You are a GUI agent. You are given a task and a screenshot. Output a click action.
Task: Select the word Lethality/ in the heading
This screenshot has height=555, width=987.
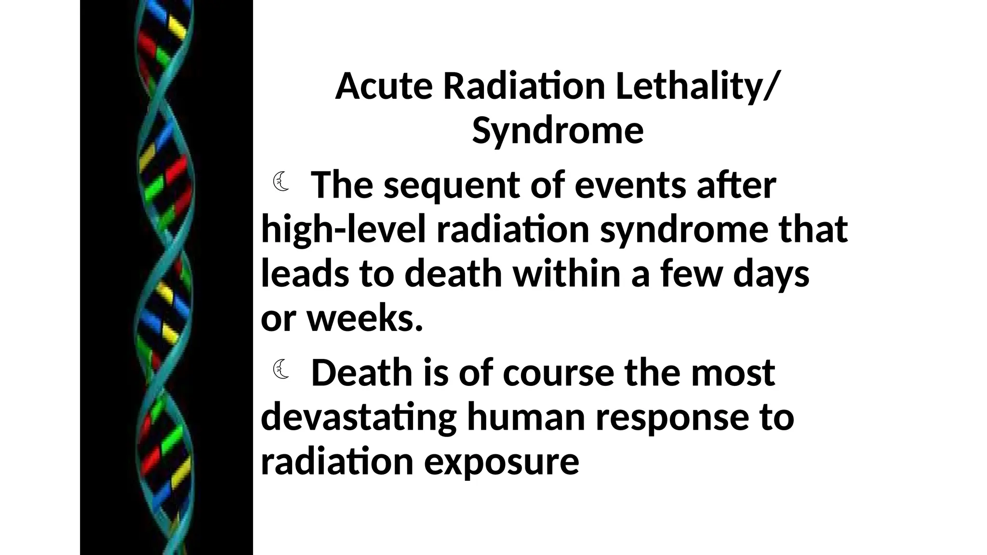tap(696, 87)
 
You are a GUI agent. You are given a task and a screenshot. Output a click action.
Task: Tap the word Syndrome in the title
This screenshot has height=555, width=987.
tap(558, 131)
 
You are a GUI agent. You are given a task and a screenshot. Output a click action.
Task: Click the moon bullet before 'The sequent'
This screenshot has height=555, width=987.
tap(281, 182)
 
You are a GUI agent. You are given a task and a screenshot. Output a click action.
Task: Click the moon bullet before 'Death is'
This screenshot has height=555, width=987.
tap(281, 370)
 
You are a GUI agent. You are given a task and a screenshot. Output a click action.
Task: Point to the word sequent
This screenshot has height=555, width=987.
tap(452, 186)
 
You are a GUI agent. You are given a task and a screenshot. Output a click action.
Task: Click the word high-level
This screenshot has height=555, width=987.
tap(344, 229)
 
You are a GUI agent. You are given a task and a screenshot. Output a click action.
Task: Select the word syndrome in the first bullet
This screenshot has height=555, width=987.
tap(683, 230)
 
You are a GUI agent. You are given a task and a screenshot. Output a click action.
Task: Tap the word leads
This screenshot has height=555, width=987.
tap(303, 273)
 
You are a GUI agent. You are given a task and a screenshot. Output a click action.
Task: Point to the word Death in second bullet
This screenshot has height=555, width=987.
tap(362, 373)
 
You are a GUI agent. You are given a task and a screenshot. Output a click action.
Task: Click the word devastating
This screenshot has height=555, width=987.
tap(359, 418)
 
